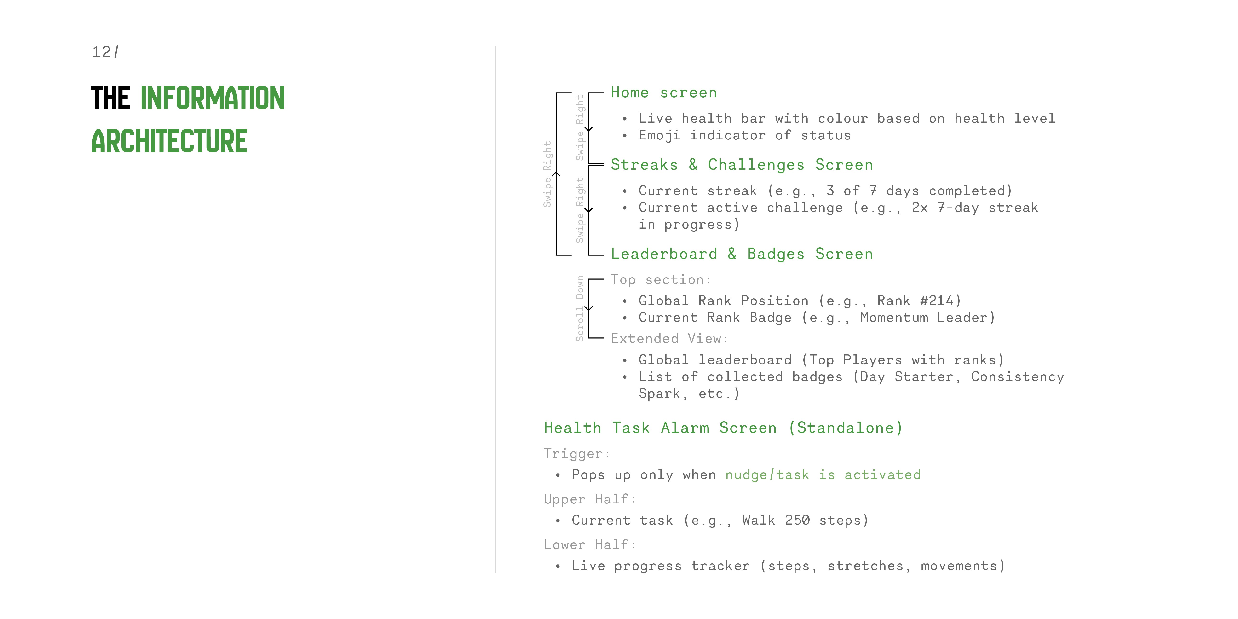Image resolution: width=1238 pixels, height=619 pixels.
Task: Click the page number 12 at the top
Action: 101,52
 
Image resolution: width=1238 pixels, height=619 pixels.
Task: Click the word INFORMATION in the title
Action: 213,98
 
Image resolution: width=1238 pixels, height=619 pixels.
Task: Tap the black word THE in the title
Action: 110,98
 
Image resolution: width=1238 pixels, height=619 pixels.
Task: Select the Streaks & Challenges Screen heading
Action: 742,165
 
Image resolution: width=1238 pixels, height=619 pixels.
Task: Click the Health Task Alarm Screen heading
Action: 723,428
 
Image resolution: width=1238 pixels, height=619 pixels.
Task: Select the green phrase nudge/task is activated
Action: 823,475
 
